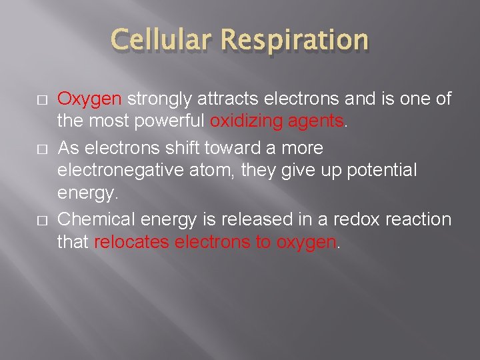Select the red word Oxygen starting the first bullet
click(x=89, y=99)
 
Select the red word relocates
click(x=131, y=243)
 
